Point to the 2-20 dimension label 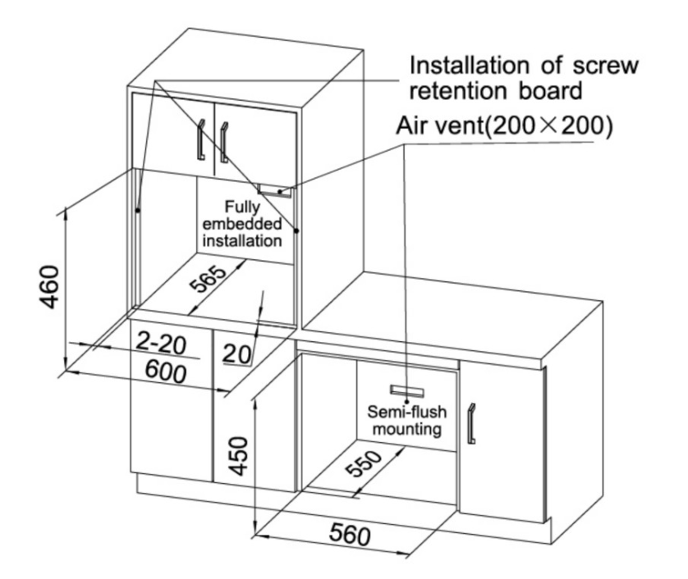tap(162, 342)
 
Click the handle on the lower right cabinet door tap(472, 422)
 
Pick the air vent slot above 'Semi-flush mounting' tap(407, 390)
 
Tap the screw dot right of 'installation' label tap(296, 230)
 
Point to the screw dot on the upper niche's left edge tap(139, 209)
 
